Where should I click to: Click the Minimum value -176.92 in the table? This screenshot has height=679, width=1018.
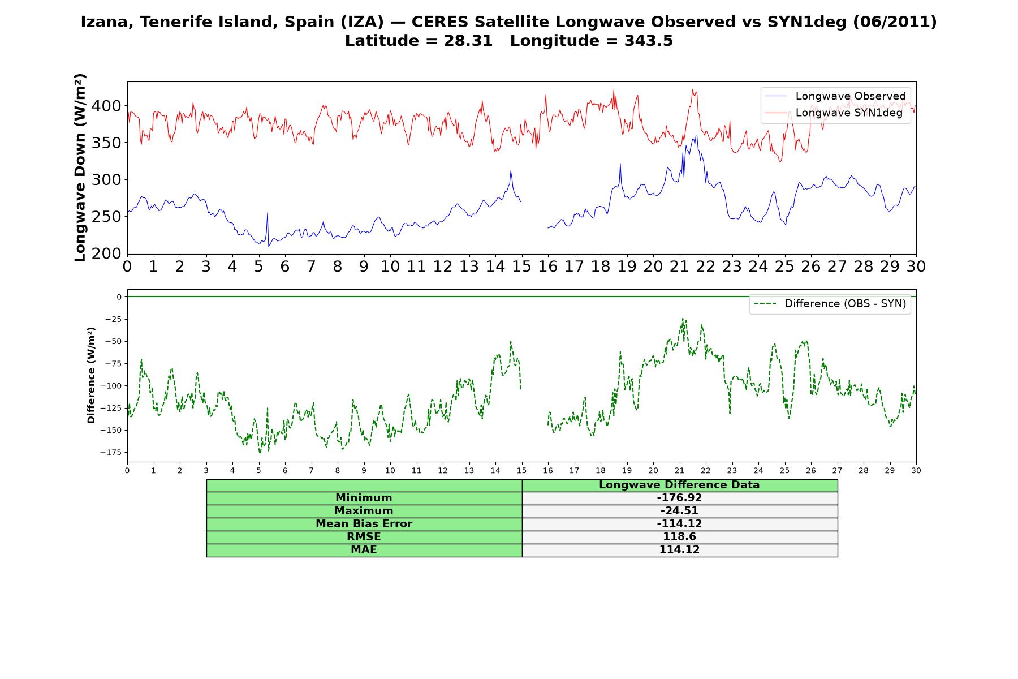pos(679,498)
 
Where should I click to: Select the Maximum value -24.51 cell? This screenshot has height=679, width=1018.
pos(679,511)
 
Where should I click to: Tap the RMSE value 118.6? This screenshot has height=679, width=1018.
pos(679,537)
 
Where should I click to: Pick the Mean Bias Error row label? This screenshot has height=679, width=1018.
pos(364,524)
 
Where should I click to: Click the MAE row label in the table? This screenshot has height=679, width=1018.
pos(364,550)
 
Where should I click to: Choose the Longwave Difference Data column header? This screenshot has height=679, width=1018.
pos(679,485)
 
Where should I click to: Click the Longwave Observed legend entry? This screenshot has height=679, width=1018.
pos(835,96)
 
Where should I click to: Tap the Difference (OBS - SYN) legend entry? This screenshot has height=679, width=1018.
pos(830,304)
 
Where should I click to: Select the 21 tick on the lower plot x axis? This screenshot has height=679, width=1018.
pos(679,471)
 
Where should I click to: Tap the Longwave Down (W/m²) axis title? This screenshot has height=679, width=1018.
pos(80,167)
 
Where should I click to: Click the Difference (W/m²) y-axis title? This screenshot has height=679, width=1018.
pos(91,376)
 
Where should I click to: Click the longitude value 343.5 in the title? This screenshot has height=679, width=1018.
pos(648,41)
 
